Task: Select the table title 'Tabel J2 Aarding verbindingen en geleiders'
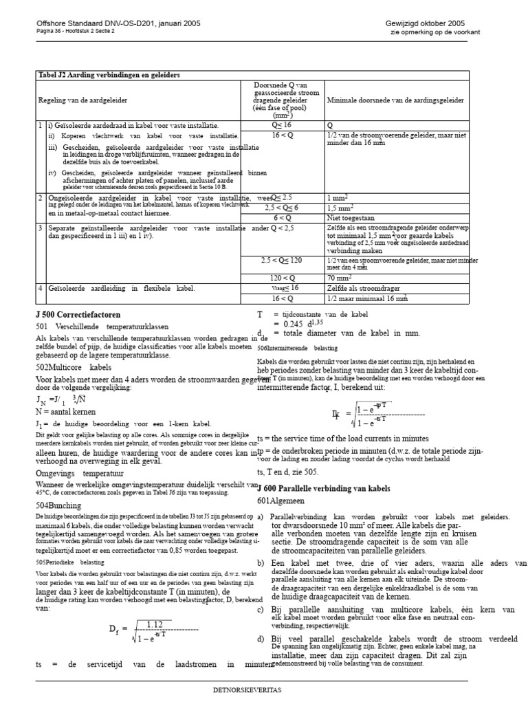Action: (108, 75)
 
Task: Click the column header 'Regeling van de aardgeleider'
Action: (82, 100)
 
